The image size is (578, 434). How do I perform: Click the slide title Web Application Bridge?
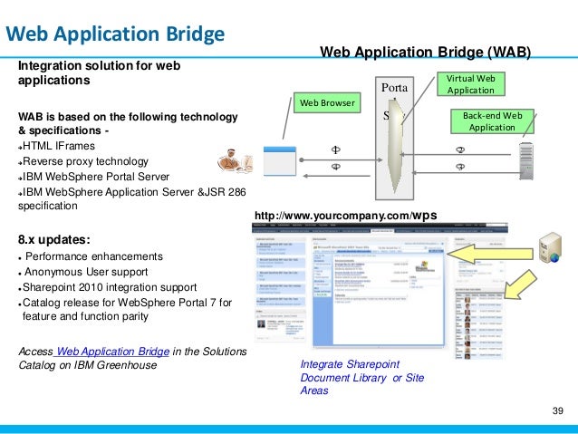[115, 35]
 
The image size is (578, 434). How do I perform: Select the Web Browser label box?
[328, 102]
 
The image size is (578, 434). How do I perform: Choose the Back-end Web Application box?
[492, 122]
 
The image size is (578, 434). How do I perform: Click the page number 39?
[557, 412]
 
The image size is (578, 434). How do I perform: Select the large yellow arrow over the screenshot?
[489, 251]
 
